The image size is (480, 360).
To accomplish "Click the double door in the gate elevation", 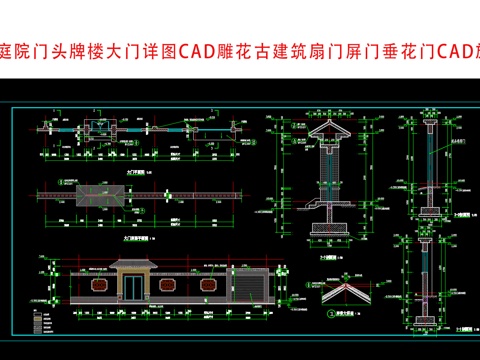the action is point(136,286).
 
